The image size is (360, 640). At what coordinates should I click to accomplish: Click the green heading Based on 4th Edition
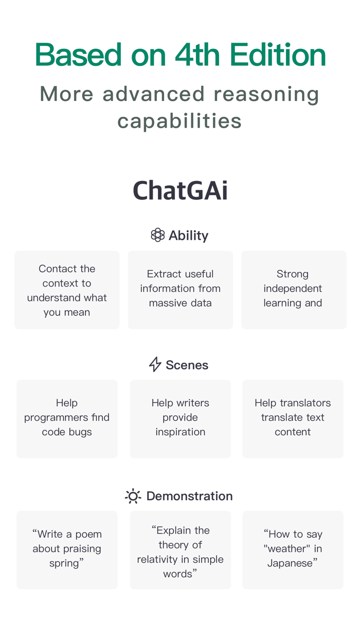coord(180,55)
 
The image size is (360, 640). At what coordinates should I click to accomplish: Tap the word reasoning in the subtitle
coord(266,94)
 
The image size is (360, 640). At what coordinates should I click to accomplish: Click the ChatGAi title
coord(180,191)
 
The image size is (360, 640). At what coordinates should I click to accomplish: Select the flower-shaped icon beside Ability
coord(157,235)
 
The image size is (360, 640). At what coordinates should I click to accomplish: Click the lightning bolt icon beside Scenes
coord(155,365)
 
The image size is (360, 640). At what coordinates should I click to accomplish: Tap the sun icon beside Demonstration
coord(133,496)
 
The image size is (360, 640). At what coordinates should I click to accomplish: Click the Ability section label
coord(188,236)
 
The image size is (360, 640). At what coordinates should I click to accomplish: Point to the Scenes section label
coord(187,365)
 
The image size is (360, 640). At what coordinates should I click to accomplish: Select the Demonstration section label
coord(189,496)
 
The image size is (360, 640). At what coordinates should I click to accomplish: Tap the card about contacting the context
coord(67,290)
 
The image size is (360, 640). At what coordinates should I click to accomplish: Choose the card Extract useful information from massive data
coord(180,290)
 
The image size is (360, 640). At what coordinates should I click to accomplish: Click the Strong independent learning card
coord(293,290)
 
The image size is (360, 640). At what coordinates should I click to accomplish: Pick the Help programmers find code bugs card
coord(67,418)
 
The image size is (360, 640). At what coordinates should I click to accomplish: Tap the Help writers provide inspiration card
coord(180,418)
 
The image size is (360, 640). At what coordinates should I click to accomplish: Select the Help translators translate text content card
coord(293,418)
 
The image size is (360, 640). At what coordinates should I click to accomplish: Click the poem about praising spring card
coord(67,549)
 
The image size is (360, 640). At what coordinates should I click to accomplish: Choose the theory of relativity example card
coord(180,549)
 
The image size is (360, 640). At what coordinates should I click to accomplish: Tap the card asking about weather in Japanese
coord(293,549)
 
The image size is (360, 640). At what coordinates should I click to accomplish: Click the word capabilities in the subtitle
coord(179,121)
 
